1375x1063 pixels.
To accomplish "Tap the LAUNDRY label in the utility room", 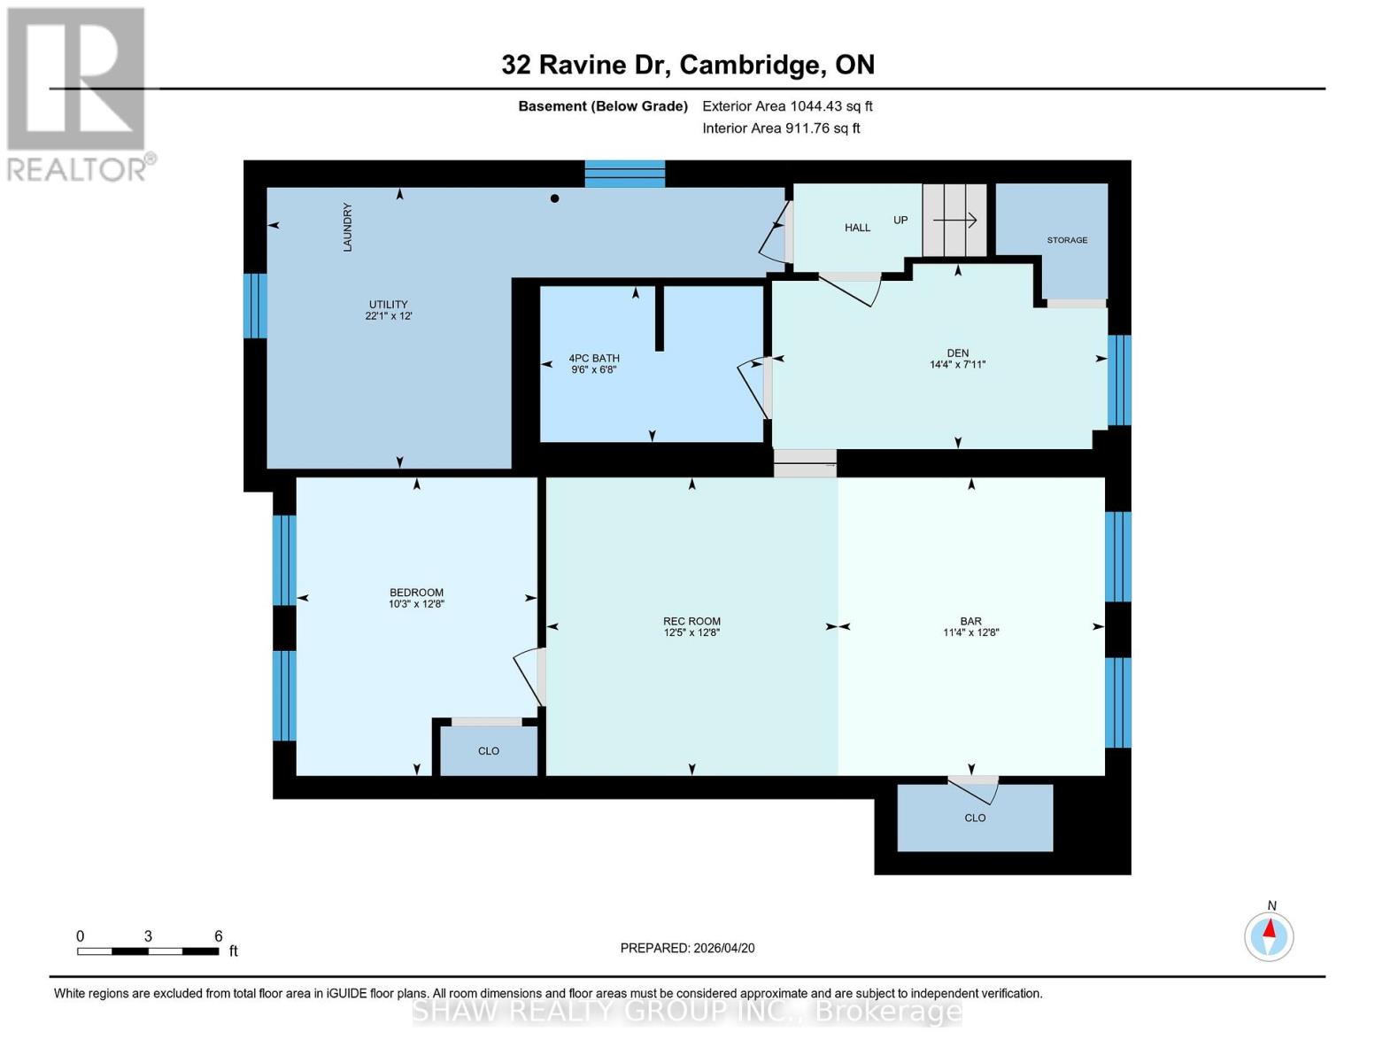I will [348, 227].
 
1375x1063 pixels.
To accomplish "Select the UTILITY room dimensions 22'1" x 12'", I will [389, 316].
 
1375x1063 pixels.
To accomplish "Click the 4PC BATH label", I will [593, 359].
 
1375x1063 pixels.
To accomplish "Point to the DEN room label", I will [957, 353].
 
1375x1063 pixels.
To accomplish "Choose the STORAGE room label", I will [1067, 240].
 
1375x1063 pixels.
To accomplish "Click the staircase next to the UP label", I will [954, 220].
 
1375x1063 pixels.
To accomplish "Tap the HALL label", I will [857, 228].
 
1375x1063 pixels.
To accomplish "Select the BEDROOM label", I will [416, 593].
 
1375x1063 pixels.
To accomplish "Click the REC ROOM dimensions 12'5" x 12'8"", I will [691, 633].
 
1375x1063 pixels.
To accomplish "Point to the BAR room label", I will [970, 622].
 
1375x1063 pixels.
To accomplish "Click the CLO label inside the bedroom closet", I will [489, 751].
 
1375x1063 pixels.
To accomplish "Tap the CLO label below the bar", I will [975, 818].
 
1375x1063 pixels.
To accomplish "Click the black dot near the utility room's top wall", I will [555, 198].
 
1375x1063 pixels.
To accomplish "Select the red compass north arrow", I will [1270, 929].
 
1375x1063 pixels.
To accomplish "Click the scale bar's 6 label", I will [218, 936].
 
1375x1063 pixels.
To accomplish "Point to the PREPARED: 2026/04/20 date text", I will [687, 948].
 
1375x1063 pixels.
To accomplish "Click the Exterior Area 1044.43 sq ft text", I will [787, 106].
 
